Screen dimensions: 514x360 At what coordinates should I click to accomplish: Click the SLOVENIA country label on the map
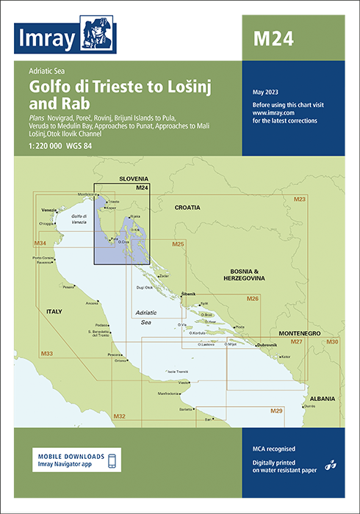tap(133, 178)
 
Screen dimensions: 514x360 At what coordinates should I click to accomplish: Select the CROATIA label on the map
tap(187, 208)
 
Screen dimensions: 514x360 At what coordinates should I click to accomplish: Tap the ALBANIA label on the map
tap(322, 399)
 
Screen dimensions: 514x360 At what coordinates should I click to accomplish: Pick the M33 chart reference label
tap(46, 354)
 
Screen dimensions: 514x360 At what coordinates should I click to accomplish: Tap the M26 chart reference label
tap(252, 299)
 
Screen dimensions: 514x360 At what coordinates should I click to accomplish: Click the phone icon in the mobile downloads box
tap(112, 460)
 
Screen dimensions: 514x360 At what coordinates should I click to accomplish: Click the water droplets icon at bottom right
tap(331, 463)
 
